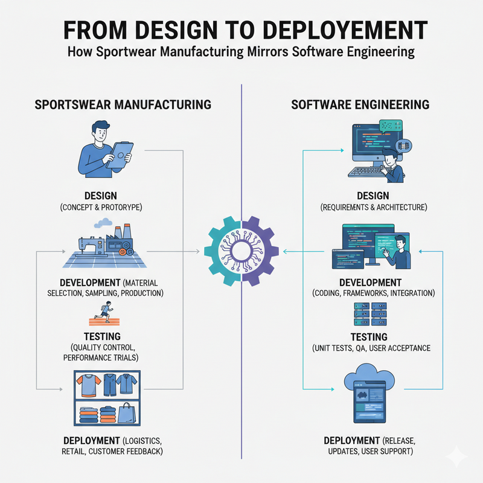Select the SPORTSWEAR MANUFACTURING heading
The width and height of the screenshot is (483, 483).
(123, 104)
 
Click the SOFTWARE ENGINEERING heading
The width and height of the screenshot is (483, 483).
(360, 104)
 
